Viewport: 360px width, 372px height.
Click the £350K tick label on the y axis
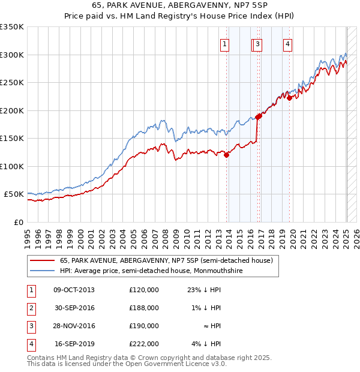click(x=12, y=27)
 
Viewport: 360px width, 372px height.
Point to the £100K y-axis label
click(x=12, y=166)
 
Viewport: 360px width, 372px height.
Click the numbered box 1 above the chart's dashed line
click(x=224, y=43)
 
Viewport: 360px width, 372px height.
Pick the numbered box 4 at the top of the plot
click(x=288, y=43)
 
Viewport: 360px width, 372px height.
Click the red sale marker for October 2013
click(x=227, y=155)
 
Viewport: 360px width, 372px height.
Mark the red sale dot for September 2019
click(x=289, y=98)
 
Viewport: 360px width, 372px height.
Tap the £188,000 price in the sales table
click(x=144, y=308)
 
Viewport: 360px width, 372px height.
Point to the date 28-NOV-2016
click(x=74, y=326)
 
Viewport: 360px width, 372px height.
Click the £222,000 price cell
click(x=144, y=344)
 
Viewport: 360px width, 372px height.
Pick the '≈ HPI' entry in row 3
click(x=211, y=326)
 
